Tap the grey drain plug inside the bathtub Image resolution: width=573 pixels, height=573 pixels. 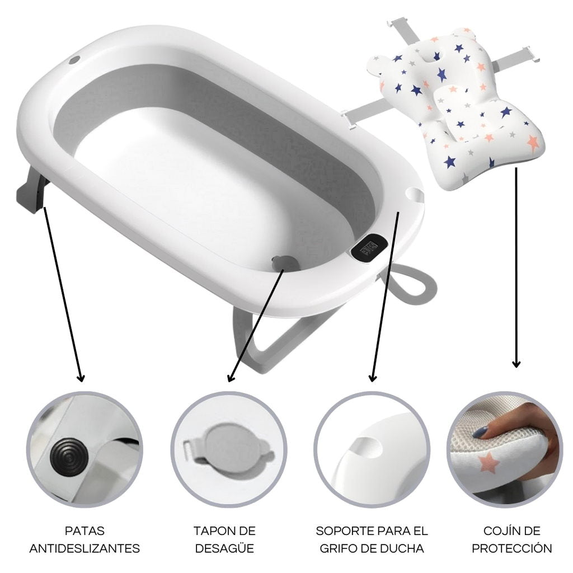point(285,262)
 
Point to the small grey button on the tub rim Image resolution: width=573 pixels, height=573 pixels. point(75,60)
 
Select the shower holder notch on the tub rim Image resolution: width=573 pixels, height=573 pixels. point(416,194)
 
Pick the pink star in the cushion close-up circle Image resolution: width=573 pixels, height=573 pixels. point(488,463)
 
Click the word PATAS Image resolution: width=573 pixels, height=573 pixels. point(85,530)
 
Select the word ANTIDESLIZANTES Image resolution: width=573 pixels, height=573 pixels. point(85,548)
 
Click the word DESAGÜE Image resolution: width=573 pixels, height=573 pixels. point(224,548)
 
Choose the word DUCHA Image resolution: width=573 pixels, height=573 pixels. point(404,548)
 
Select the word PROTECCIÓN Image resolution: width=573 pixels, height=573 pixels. point(511,548)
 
